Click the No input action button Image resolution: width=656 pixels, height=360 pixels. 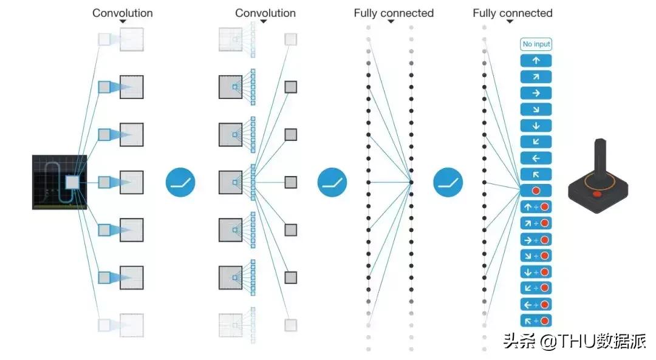pos(536,44)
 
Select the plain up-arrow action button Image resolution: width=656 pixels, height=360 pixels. pos(536,60)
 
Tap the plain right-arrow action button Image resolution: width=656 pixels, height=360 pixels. pos(536,93)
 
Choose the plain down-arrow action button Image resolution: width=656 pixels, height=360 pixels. pos(536,126)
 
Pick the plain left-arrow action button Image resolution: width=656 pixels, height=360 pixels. pos(536,158)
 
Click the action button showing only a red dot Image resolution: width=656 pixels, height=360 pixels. pos(536,191)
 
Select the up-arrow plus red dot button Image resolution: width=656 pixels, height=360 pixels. pos(536,207)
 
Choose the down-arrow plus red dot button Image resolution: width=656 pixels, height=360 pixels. pos(536,272)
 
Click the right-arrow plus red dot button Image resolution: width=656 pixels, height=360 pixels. pos(536,240)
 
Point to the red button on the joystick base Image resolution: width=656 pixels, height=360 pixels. pos(598,194)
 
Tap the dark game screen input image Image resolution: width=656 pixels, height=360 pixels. pos(59,182)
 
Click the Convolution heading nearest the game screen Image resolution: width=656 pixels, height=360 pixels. pos(123,13)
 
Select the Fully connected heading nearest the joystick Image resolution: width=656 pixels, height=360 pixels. pos(513,13)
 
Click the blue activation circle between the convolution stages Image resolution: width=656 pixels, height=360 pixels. pos(181,182)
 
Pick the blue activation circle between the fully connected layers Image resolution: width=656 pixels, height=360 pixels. pos(448,182)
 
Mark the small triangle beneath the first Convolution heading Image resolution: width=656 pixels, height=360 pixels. pos(123,22)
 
